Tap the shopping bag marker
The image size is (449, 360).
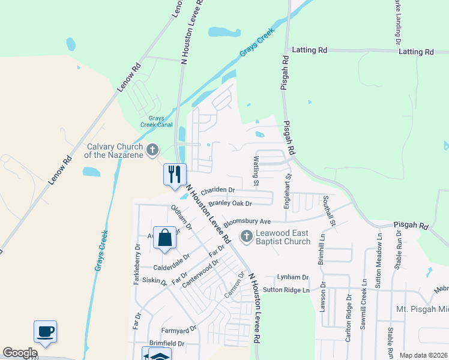[x=164, y=238]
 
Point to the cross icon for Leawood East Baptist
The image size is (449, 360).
[x=246, y=236]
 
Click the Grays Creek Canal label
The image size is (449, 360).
[x=152, y=122]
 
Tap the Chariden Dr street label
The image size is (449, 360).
[x=218, y=191]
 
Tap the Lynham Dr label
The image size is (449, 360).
[x=292, y=277]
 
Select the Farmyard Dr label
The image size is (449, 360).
[x=178, y=329]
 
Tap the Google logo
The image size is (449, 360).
[x=20, y=353]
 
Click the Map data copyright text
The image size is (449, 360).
[x=423, y=355]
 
